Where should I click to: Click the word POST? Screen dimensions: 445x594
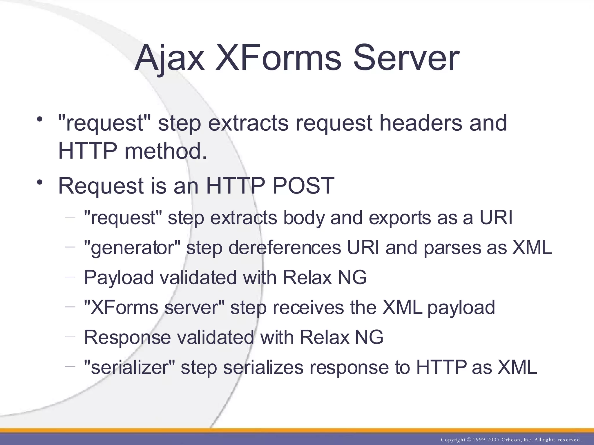pos(303,186)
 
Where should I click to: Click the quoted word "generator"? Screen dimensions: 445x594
pos(132,248)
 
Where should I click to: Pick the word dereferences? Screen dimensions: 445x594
pos(285,248)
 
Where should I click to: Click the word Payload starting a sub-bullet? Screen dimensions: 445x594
pos(119,278)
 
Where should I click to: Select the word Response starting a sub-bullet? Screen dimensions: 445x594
pos(128,338)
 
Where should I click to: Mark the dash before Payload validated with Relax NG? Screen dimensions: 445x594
pos(70,277)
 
